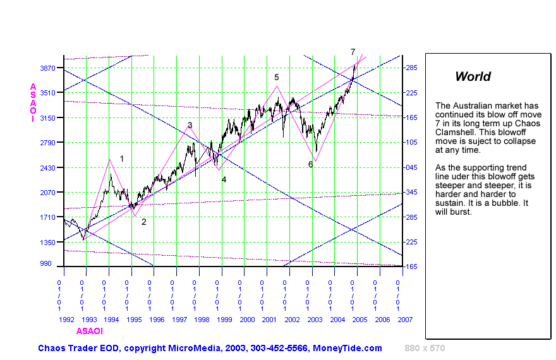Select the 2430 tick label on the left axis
click(49, 167)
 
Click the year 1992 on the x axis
click(67, 320)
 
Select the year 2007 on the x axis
click(405, 320)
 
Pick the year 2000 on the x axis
click(247, 320)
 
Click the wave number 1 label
click(122, 159)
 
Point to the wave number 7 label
click(353, 51)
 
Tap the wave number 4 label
click(224, 179)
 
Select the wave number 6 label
click(310, 164)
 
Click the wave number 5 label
click(277, 77)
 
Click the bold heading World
click(473, 77)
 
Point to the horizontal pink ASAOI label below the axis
click(89, 331)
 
